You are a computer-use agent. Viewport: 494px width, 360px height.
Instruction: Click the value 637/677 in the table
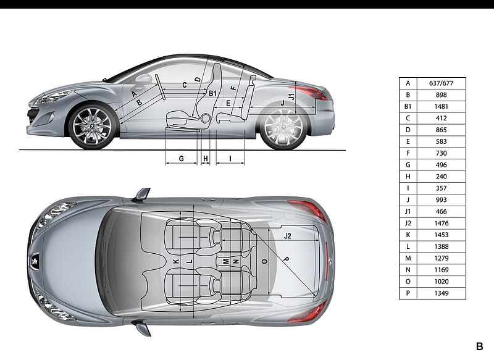(x=441, y=83)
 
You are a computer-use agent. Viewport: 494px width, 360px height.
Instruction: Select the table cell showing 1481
(x=441, y=106)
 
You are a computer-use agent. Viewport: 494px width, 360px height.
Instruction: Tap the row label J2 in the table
(x=408, y=224)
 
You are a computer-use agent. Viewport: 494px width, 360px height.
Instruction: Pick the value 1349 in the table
(x=441, y=293)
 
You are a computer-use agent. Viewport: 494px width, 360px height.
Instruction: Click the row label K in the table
(x=408, y=235)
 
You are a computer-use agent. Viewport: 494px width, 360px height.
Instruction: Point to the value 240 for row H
(x=441, y=177)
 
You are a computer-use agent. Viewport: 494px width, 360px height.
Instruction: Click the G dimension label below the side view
(x=181, y=159)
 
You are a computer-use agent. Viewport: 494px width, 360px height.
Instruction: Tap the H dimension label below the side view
(x=206, y=159)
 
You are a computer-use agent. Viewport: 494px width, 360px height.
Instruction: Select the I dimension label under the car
(x=230, y=159)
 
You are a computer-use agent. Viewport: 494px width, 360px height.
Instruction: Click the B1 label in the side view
(x=212, y=93)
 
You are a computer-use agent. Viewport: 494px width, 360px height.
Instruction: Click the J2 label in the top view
(x=287, y=236)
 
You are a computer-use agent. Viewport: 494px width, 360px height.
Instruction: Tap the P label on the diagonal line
(x=286, y=259)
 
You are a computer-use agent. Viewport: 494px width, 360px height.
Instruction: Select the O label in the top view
(x=265, y=261)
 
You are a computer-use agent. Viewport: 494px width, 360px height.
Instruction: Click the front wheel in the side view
(x=92, y=127)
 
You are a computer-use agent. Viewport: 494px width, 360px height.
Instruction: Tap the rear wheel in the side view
(x=284, y=127)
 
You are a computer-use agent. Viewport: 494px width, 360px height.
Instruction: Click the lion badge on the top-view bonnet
(x=35, y=261)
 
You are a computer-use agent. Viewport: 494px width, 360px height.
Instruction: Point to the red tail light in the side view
(x=311, y=92)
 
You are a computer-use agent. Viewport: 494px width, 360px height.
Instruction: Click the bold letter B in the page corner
(x=479, y=346)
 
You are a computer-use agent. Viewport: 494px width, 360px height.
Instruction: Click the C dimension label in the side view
(x=185, y=85)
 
